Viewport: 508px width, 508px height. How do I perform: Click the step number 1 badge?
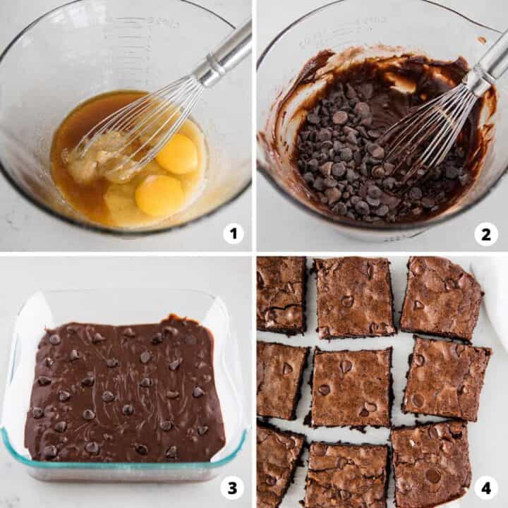(x=234, y=234)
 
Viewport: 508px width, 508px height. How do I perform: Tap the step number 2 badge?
(x=485, y=234)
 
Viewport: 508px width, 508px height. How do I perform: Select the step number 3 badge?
(x=234, y=487)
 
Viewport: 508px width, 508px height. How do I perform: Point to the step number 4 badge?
(x=485, y=487)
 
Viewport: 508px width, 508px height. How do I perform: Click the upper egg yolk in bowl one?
(x=177, y=154)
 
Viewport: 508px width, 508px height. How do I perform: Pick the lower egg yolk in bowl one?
(x=159, y=195)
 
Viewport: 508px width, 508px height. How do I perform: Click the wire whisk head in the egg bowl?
(x=141, y=127)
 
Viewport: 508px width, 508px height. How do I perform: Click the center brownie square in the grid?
(x=351, y=387)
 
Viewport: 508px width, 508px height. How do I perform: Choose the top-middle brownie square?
(x=354, y=297)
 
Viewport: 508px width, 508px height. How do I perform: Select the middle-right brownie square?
(x=446, y=379)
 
